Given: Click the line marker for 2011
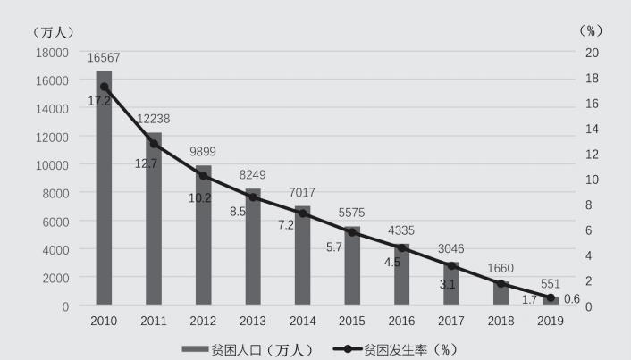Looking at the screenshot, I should (x=154, y=144).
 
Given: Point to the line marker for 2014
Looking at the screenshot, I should (x=302, y=213).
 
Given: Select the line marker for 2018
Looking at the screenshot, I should (x=501, y=284).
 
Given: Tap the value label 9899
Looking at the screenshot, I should (x=202, y=152).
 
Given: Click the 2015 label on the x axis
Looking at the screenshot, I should (x=351, y=321).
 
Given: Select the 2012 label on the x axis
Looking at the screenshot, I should (x=203, y=321).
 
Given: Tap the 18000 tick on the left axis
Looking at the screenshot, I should (x=52, y=52).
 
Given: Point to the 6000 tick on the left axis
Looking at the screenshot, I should (x=55, y=221).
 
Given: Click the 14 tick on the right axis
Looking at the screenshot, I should (x=593, y=129).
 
